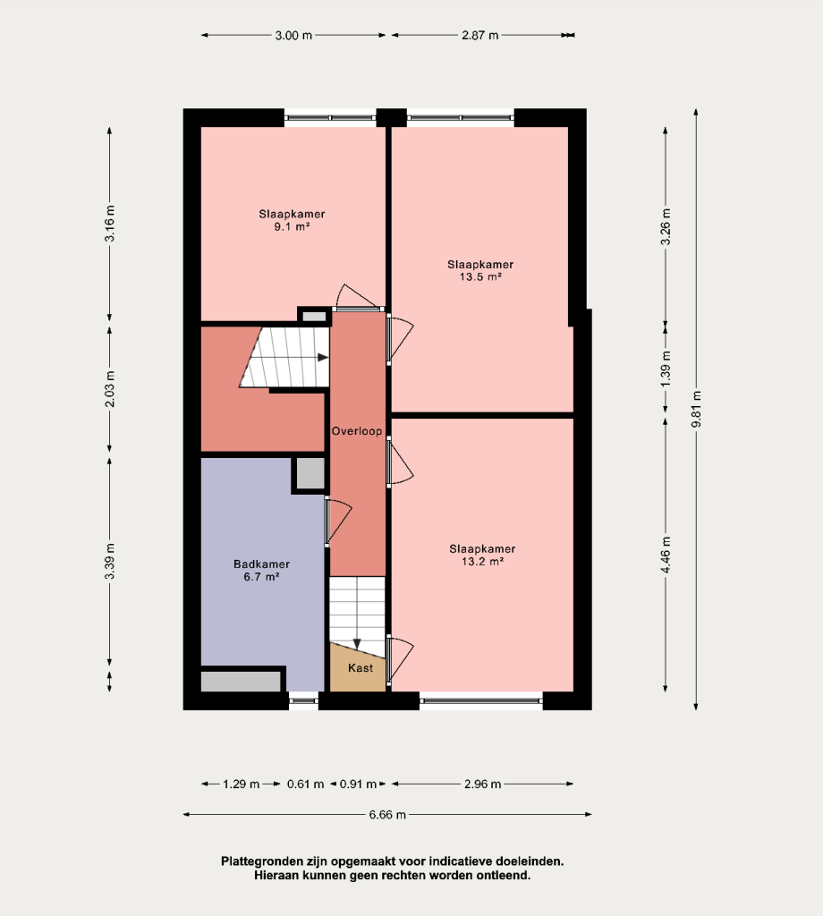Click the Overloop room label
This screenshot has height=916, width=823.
pos(357,431)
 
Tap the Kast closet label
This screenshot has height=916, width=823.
pos(361,667)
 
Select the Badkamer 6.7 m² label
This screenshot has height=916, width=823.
pos(262,570)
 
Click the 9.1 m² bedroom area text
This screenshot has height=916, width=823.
pos(292,226)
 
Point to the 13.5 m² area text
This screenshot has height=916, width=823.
pos(480,277)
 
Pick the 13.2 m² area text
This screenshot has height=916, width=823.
pos(482,562)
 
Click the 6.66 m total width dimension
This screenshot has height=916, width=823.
pos(387,814)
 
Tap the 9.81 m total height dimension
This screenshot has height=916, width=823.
pos(696,409)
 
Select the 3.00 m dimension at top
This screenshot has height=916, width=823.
pos(293,35)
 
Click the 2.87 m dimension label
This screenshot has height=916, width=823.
pos(480,35)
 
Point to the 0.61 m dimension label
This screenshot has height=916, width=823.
pos(305,784)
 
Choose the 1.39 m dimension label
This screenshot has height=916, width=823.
pos(666,368)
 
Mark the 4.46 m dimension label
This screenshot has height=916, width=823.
pos(666,555)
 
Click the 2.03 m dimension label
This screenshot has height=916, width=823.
pos(110,388)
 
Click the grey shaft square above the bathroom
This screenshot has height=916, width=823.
pos(310,473)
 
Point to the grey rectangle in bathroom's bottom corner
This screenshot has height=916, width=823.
pos(241,682)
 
